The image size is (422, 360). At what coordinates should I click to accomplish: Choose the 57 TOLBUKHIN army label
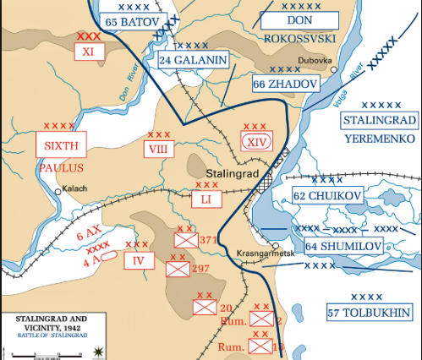(x=368, y=314)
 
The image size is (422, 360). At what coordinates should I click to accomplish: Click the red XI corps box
(x=88, y=52)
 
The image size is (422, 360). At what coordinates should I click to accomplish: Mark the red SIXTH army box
(x=62, y=145)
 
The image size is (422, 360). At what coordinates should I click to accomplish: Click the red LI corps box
(x=206, y=199)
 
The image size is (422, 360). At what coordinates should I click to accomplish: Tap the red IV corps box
(x=139, y=260)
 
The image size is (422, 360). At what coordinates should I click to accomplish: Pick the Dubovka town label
(x=313, y=61)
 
